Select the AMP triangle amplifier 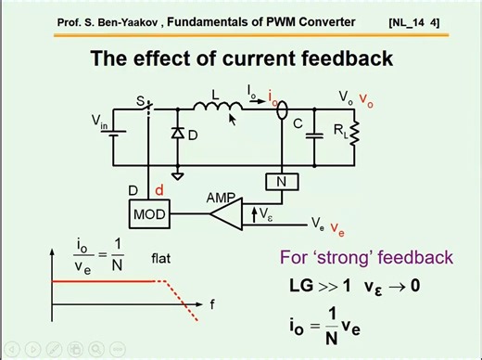pos(222,214)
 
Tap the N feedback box pos(282,182)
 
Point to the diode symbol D pos(178,135)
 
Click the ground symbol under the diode pos(178,174)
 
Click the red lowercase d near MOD pos(159,190)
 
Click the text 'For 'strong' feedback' pos(366,257)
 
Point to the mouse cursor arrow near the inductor pos(233,117)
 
